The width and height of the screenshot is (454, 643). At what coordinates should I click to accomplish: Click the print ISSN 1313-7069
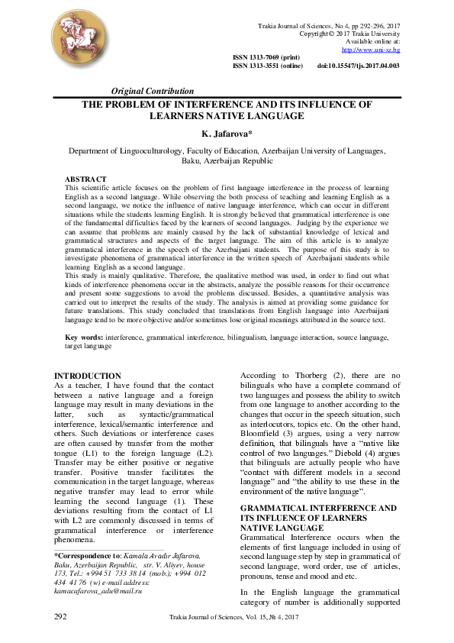[x=266, y=58]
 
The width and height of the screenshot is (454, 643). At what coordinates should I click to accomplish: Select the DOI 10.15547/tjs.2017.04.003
[x=358, y=66]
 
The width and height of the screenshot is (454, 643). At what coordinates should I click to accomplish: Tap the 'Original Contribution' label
[x=153, y=92]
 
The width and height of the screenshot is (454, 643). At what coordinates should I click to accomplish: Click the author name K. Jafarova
[x=226, y=134]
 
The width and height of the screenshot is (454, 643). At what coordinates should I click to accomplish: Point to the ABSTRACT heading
[x=85, y=179]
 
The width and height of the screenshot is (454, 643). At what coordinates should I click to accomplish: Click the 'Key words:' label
[x=83, y=338]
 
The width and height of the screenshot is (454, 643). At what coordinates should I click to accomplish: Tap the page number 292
[x=60, y=616]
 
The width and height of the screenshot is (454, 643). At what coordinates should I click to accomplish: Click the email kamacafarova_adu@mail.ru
[x=99, y=591]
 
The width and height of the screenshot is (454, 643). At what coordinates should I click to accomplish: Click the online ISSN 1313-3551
[x=267, y=66]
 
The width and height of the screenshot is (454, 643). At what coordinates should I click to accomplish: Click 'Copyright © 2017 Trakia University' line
[x=349, y=34]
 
